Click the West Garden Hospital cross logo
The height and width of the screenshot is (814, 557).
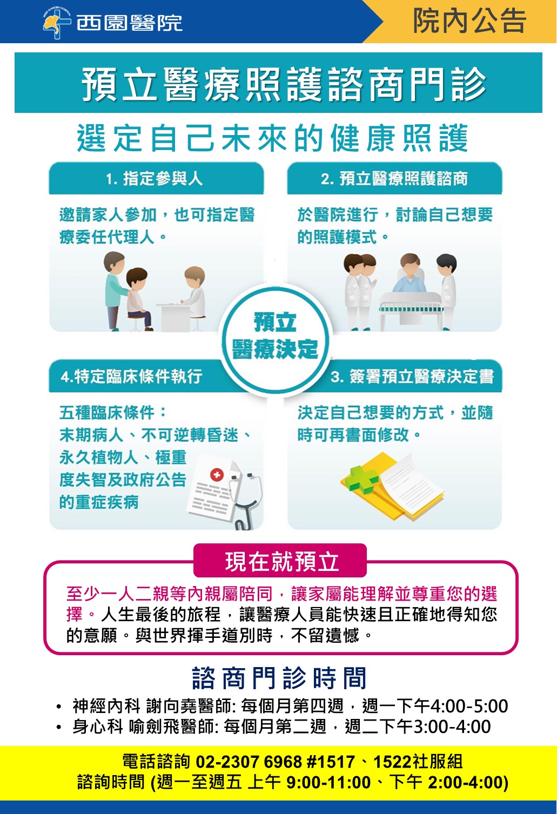pyautogui.click(x=56, y=23)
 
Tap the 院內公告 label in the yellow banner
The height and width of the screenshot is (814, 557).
pyautogui.click(x=469, y=21)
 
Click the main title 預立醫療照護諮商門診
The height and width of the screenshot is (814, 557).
pyautogui.click(x=284, y=84)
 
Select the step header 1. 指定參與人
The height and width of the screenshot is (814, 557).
pyautogui.click(x=155, y=179)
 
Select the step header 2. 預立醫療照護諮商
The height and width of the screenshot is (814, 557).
pyautogui.click(x=394, y=179)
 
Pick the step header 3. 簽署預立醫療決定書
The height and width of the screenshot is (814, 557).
pyautogui.click(x=412, y=376)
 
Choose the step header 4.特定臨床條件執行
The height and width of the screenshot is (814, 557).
pyautogui.click(x=131, y=376)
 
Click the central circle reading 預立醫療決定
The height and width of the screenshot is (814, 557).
pyautogui.click(x=275, y=335)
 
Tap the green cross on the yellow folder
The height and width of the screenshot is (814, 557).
pyautogui.click(x=363, y=480)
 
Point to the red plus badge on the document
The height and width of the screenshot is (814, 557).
pyautogui.click(x=217, y=474)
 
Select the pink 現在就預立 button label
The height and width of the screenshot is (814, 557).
pyautogui.click(x=282, y=562)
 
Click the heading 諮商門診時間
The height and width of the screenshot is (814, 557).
pyautogui.click(x=279, y=678)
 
